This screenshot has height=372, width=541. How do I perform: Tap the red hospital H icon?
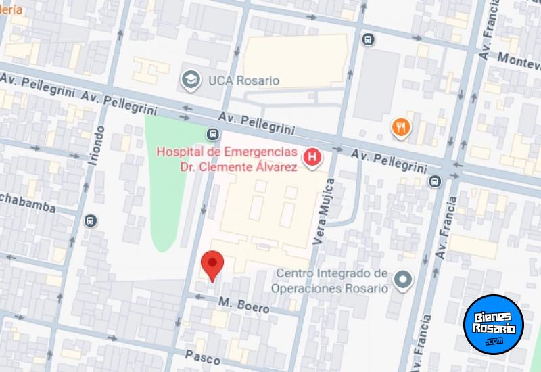pos(312,158)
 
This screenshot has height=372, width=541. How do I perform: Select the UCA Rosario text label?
pos(234,80)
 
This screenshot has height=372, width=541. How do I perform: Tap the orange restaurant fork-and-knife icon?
pos(401,126)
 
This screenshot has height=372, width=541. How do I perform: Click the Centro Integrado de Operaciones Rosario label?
pos(329,281)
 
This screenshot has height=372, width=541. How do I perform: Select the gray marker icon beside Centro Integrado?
pos(403,280)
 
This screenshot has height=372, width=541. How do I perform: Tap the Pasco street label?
pos(203,356)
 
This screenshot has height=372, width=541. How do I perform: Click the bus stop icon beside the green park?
pos(212,133)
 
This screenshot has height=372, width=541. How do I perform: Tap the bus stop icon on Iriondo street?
pos(91,220)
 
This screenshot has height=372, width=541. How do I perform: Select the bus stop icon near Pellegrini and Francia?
pos(434,181)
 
